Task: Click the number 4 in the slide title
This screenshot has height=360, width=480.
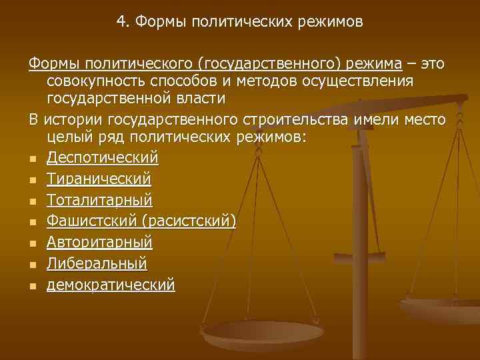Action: (121, 22)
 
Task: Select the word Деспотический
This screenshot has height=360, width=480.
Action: (103, 158)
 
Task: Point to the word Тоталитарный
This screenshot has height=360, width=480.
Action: (100, 200)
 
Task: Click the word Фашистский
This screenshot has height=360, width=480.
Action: (89, 221)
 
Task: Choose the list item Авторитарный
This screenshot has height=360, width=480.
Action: (100, 242)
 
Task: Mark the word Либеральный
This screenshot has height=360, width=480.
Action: (97, 263)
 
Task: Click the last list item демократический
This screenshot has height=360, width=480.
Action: (111, 285)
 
